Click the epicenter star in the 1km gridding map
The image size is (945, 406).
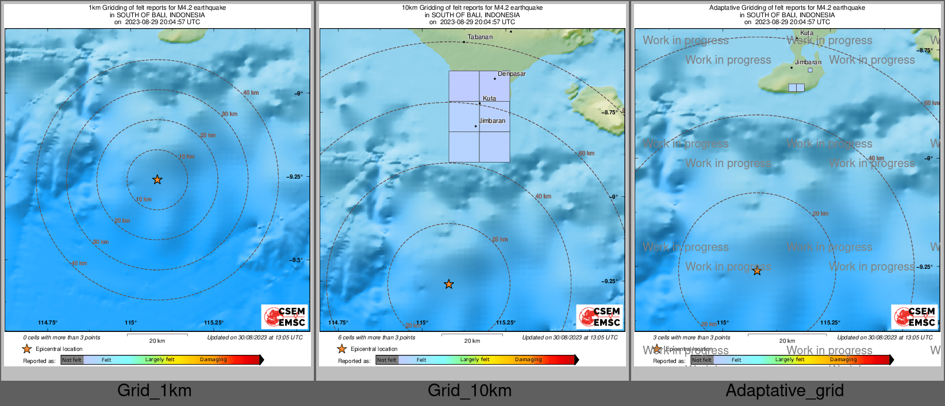pyautogui.click(x=157, y=180)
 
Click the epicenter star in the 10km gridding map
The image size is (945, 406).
pyautogui.click(x=449, y=284)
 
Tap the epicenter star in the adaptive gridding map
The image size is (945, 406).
pyautogui.click(x=757, y=270)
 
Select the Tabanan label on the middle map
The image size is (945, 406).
pyautogui.click(x=480, y=37)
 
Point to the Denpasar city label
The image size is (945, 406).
pyautogui.click(x=512, y=74)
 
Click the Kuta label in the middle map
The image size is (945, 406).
pyautogui.click(x=489, y=99)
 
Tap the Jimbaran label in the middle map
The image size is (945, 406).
pyautogui.click(x=493, y=121)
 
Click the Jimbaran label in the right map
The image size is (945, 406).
pyautogui.click(x=808, y=63)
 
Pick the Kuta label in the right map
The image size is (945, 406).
pyautogui.click(x=807, y=33)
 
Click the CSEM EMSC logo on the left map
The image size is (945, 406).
pyautogui.click(x=285, y=316)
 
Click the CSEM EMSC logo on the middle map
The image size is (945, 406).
pyautogui.click(x=600, y=316)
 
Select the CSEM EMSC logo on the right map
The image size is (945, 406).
pyautogui.click(x=915, y=316)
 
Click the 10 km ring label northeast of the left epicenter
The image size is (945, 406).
pyautogui.click(x=187, y=157)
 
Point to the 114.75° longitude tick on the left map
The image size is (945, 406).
pyautogui.click(x=48, y=323)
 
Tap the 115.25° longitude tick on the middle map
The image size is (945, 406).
pyautogui.click(x=505, y=323)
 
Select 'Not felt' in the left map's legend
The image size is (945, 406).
pyautogui.click(x=72, y=360)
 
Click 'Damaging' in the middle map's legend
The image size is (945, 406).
pyautogui.click(x=528, y=360)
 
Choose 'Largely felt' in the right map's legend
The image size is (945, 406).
pyautogui.click(x=790, y=360)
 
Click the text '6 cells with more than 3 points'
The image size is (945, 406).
pyautogui.click(x=368, y=338)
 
